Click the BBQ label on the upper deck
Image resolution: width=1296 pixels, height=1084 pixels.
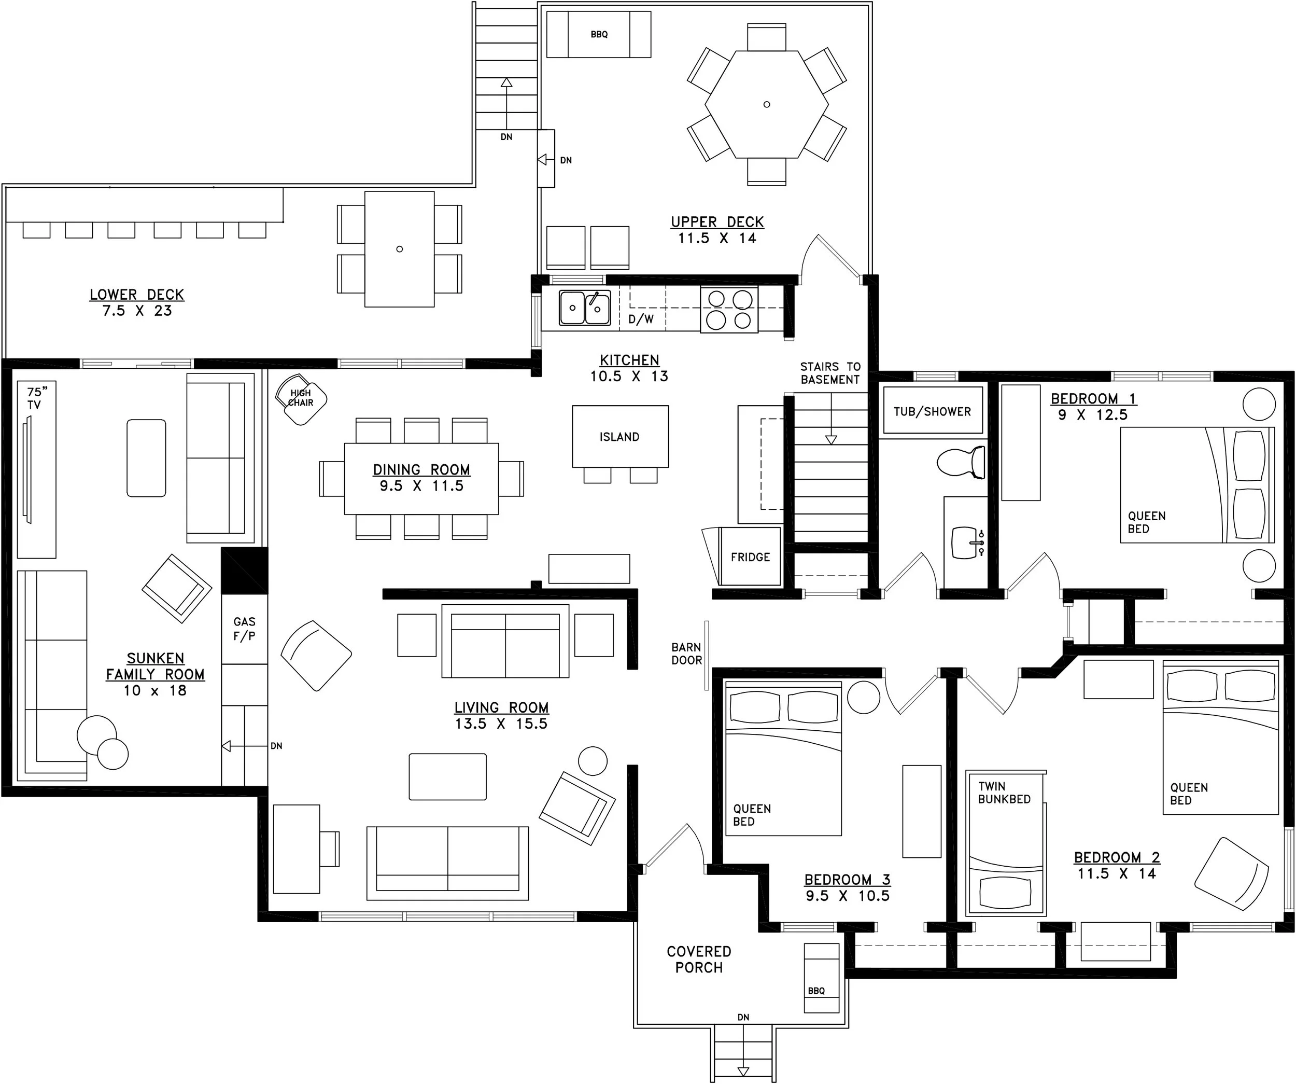coord(599,35)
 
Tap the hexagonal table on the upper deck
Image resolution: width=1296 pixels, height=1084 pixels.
coord(767,104)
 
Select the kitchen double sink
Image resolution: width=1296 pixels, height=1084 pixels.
coord(584,308)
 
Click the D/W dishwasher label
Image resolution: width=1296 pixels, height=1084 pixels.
coord(641,319)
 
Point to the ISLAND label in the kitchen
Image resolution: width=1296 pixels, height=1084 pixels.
coord(619,437)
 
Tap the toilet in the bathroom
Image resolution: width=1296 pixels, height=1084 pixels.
coord(961,461)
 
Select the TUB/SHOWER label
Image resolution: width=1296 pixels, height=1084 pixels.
coord(932,412)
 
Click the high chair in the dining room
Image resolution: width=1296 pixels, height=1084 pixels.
coord(301,399)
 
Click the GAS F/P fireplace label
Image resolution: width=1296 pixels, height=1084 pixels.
coord(244,629)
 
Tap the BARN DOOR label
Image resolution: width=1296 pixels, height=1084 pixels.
coord(686,654)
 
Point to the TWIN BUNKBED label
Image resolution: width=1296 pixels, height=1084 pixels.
coord(1004,793)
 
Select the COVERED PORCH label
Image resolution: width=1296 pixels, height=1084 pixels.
coord(699,960)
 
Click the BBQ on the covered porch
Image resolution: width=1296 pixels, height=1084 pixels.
coord(822,978)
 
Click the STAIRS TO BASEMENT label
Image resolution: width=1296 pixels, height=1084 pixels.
coord(830,373)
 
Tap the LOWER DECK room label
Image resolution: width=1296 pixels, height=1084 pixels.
coord(137,295)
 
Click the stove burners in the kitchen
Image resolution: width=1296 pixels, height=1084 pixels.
coord(729,310)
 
